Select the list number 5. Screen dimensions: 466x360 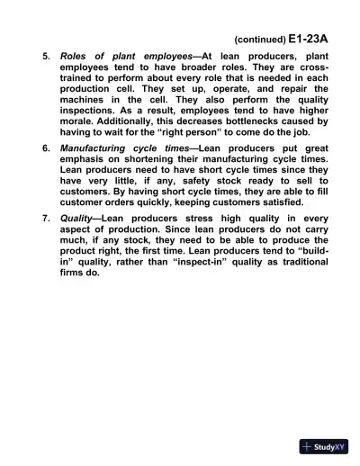click(46, 56)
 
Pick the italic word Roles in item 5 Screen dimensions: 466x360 click(76, 56)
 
